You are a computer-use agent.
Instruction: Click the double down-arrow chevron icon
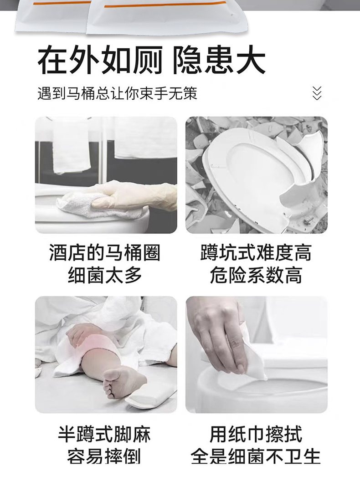click(x=317, y=93)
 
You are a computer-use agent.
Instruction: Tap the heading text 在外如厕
click(x=100, y=60)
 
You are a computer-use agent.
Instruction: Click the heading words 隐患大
click(x=219, y=60)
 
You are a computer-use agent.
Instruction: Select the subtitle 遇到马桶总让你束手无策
click(x=117, y=93)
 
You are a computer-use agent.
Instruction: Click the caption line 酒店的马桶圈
click(x=105, y=253)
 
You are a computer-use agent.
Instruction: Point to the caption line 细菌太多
click(x=105, y=275)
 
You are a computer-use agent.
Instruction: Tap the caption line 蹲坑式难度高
click(x=256, y=253)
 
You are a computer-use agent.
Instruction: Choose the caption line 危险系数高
click(x=256, y=275)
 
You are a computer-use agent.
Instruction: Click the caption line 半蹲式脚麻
click(x=104, y=434)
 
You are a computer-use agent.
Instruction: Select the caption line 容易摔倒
click(x=104, y=456)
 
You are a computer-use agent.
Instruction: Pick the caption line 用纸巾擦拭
click(x=256, y=434)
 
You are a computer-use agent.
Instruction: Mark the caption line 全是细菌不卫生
click(x=256, y=456)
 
